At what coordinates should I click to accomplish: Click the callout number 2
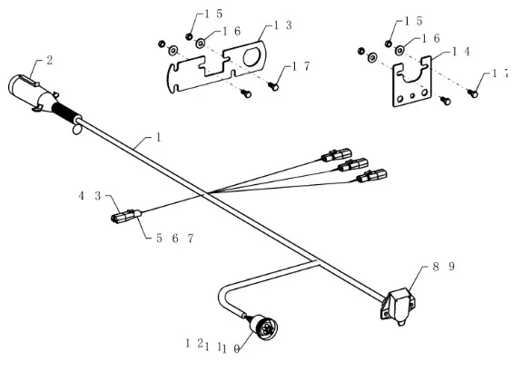point(49,61)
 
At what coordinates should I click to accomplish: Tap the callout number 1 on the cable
point(159,138)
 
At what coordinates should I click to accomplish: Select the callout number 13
point(282,25)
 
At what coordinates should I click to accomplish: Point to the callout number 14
point(460,52)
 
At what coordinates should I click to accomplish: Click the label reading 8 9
point(444,267)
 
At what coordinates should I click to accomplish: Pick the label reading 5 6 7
point(175,239)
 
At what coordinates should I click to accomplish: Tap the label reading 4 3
point(90,196)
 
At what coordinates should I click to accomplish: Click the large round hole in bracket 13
point(252,57)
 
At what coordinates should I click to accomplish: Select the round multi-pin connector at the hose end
point(263,326)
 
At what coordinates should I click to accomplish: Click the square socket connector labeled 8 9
point(399,306)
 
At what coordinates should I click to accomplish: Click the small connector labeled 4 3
point(126,216)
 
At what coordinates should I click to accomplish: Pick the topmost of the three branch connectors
point(337,155)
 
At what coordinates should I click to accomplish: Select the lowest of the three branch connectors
point(371,176)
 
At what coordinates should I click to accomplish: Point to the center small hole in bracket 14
point(412,96)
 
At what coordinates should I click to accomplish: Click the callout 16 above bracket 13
point(232,32)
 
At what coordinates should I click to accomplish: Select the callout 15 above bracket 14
point(414,22)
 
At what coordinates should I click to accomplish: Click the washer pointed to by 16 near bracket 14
point(400,51)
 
